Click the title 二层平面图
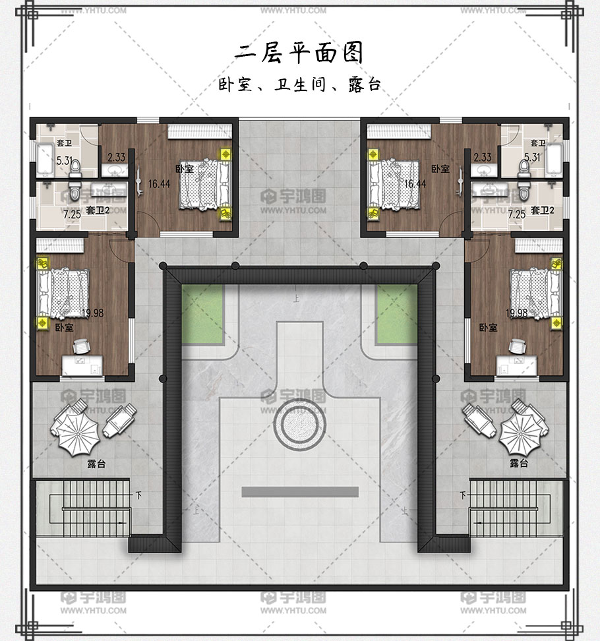(299, 53)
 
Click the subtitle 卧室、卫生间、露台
(299, 84)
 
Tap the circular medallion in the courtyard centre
(299, 424)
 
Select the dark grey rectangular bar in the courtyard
(300, 492)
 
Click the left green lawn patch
(202, 314)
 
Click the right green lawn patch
(397, 314)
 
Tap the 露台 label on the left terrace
(96, 464)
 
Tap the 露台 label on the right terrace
(519, 463)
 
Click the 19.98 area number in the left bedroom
(93, 313)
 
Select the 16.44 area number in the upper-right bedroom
(415, 184)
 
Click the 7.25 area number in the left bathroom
(72, 214)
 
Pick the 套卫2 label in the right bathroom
(543, 210)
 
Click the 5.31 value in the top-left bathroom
(65, 161)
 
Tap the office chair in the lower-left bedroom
(82, 346)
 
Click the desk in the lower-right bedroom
(517, 365)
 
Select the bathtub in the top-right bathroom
(553, 160)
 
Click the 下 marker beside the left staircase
(139, 495)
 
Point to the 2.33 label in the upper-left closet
(117, 158)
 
